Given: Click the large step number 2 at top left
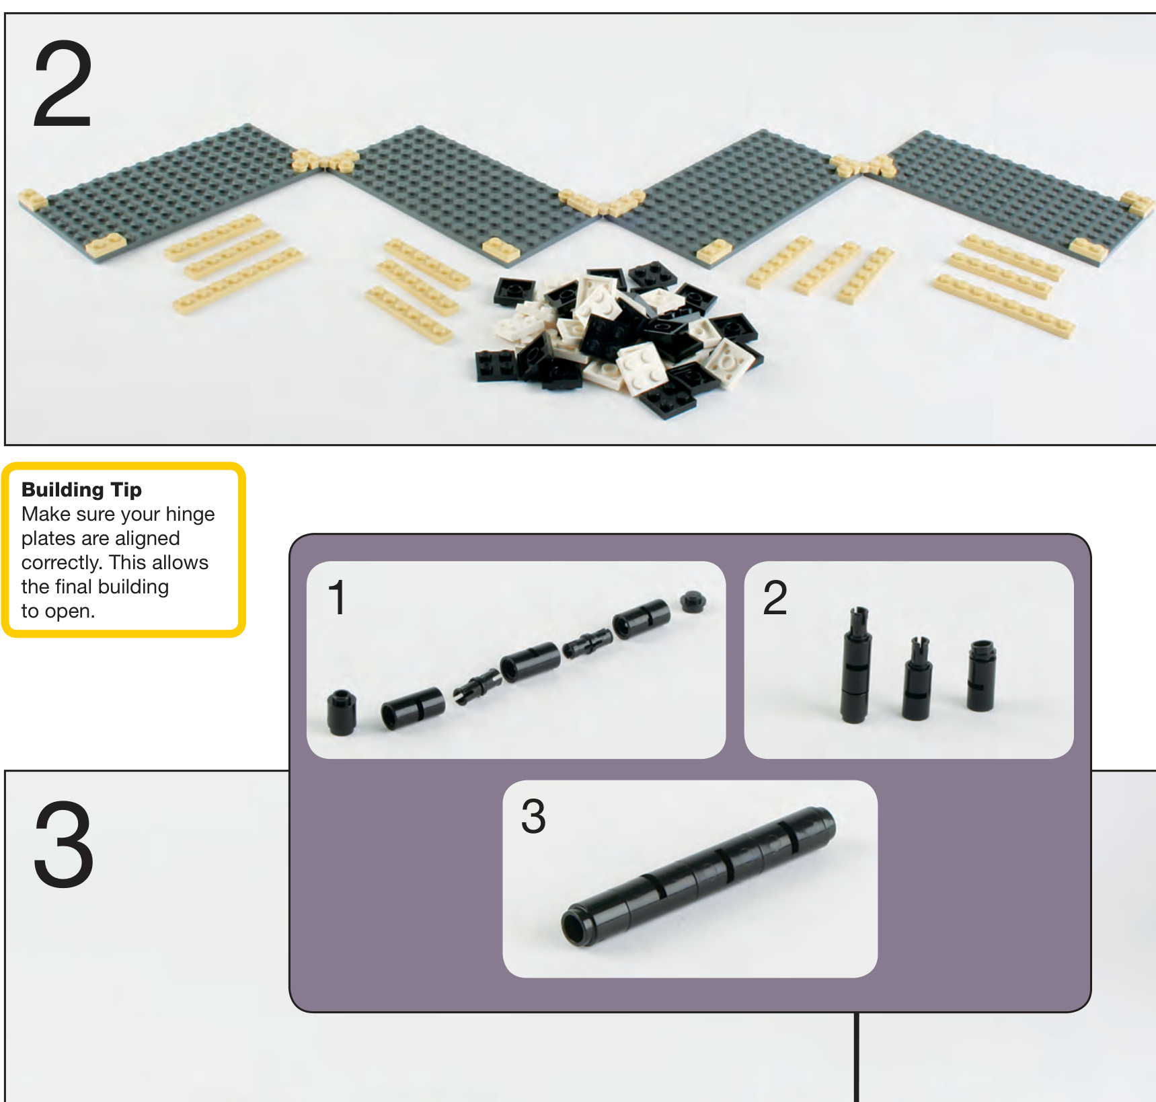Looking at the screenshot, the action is pos(62,83).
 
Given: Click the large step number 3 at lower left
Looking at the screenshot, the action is pos(63,844).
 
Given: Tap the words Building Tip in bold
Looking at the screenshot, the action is pos(81,490).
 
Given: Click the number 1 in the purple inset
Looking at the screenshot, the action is pos(337,597).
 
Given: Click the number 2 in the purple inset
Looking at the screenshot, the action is pos(775,597).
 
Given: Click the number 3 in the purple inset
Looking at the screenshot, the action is pos(533,817).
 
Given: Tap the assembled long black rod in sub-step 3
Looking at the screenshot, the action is pos(698,877).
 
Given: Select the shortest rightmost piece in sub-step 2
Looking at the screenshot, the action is pos(981,675).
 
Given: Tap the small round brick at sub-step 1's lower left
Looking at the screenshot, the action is pos(342,713).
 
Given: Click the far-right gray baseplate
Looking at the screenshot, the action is pos(1009,195).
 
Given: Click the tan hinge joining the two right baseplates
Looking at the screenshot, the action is pos(861,164).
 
